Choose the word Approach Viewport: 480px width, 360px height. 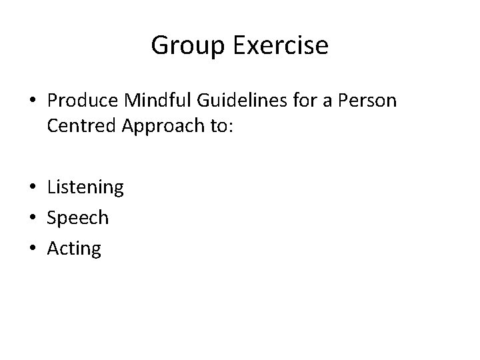click(x=161, y=127)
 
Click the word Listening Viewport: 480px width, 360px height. click(x=85, y=187)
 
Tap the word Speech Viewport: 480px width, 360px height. click(x=78, y=218)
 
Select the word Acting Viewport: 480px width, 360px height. click(x=74, y=249)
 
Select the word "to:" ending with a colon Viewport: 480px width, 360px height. click(x=221, y=127)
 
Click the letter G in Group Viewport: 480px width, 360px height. click(x=159, y=46)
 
